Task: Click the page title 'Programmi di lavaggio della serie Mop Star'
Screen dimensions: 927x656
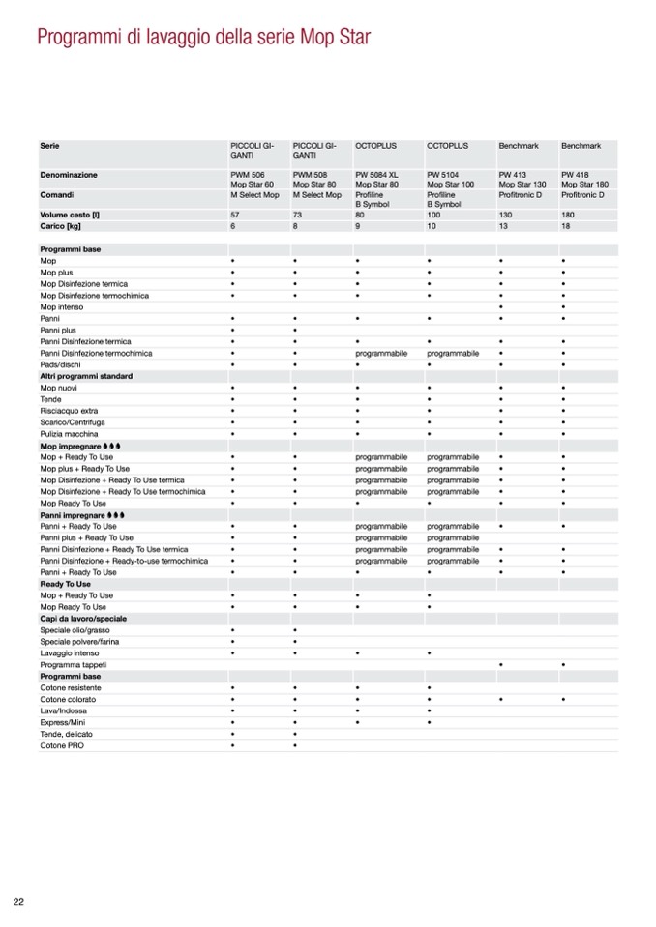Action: point(203,39)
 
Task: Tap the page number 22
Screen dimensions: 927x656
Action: point(17,902)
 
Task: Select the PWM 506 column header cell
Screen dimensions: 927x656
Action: point(253,179)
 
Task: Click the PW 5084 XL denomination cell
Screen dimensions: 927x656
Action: point(376,179)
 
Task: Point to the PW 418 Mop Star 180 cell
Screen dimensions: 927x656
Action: point(584,179)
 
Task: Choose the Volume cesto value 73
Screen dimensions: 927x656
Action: point(298,214)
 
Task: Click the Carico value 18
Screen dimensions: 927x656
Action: point(566,225)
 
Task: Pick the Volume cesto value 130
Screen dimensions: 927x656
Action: point(505,214)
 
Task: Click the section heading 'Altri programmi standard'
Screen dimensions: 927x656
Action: point(86,376)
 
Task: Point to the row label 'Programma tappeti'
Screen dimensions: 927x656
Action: point(74,665)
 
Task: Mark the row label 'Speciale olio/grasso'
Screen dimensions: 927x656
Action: point(75,630)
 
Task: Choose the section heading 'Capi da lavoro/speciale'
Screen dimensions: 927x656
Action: point(83,619)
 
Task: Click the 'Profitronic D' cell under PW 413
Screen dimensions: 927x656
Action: point(521,195)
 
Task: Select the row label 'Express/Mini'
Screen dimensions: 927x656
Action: point(63,722)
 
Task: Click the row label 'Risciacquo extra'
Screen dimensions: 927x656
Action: point(69,411)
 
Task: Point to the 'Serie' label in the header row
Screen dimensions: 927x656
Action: point(49,146)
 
